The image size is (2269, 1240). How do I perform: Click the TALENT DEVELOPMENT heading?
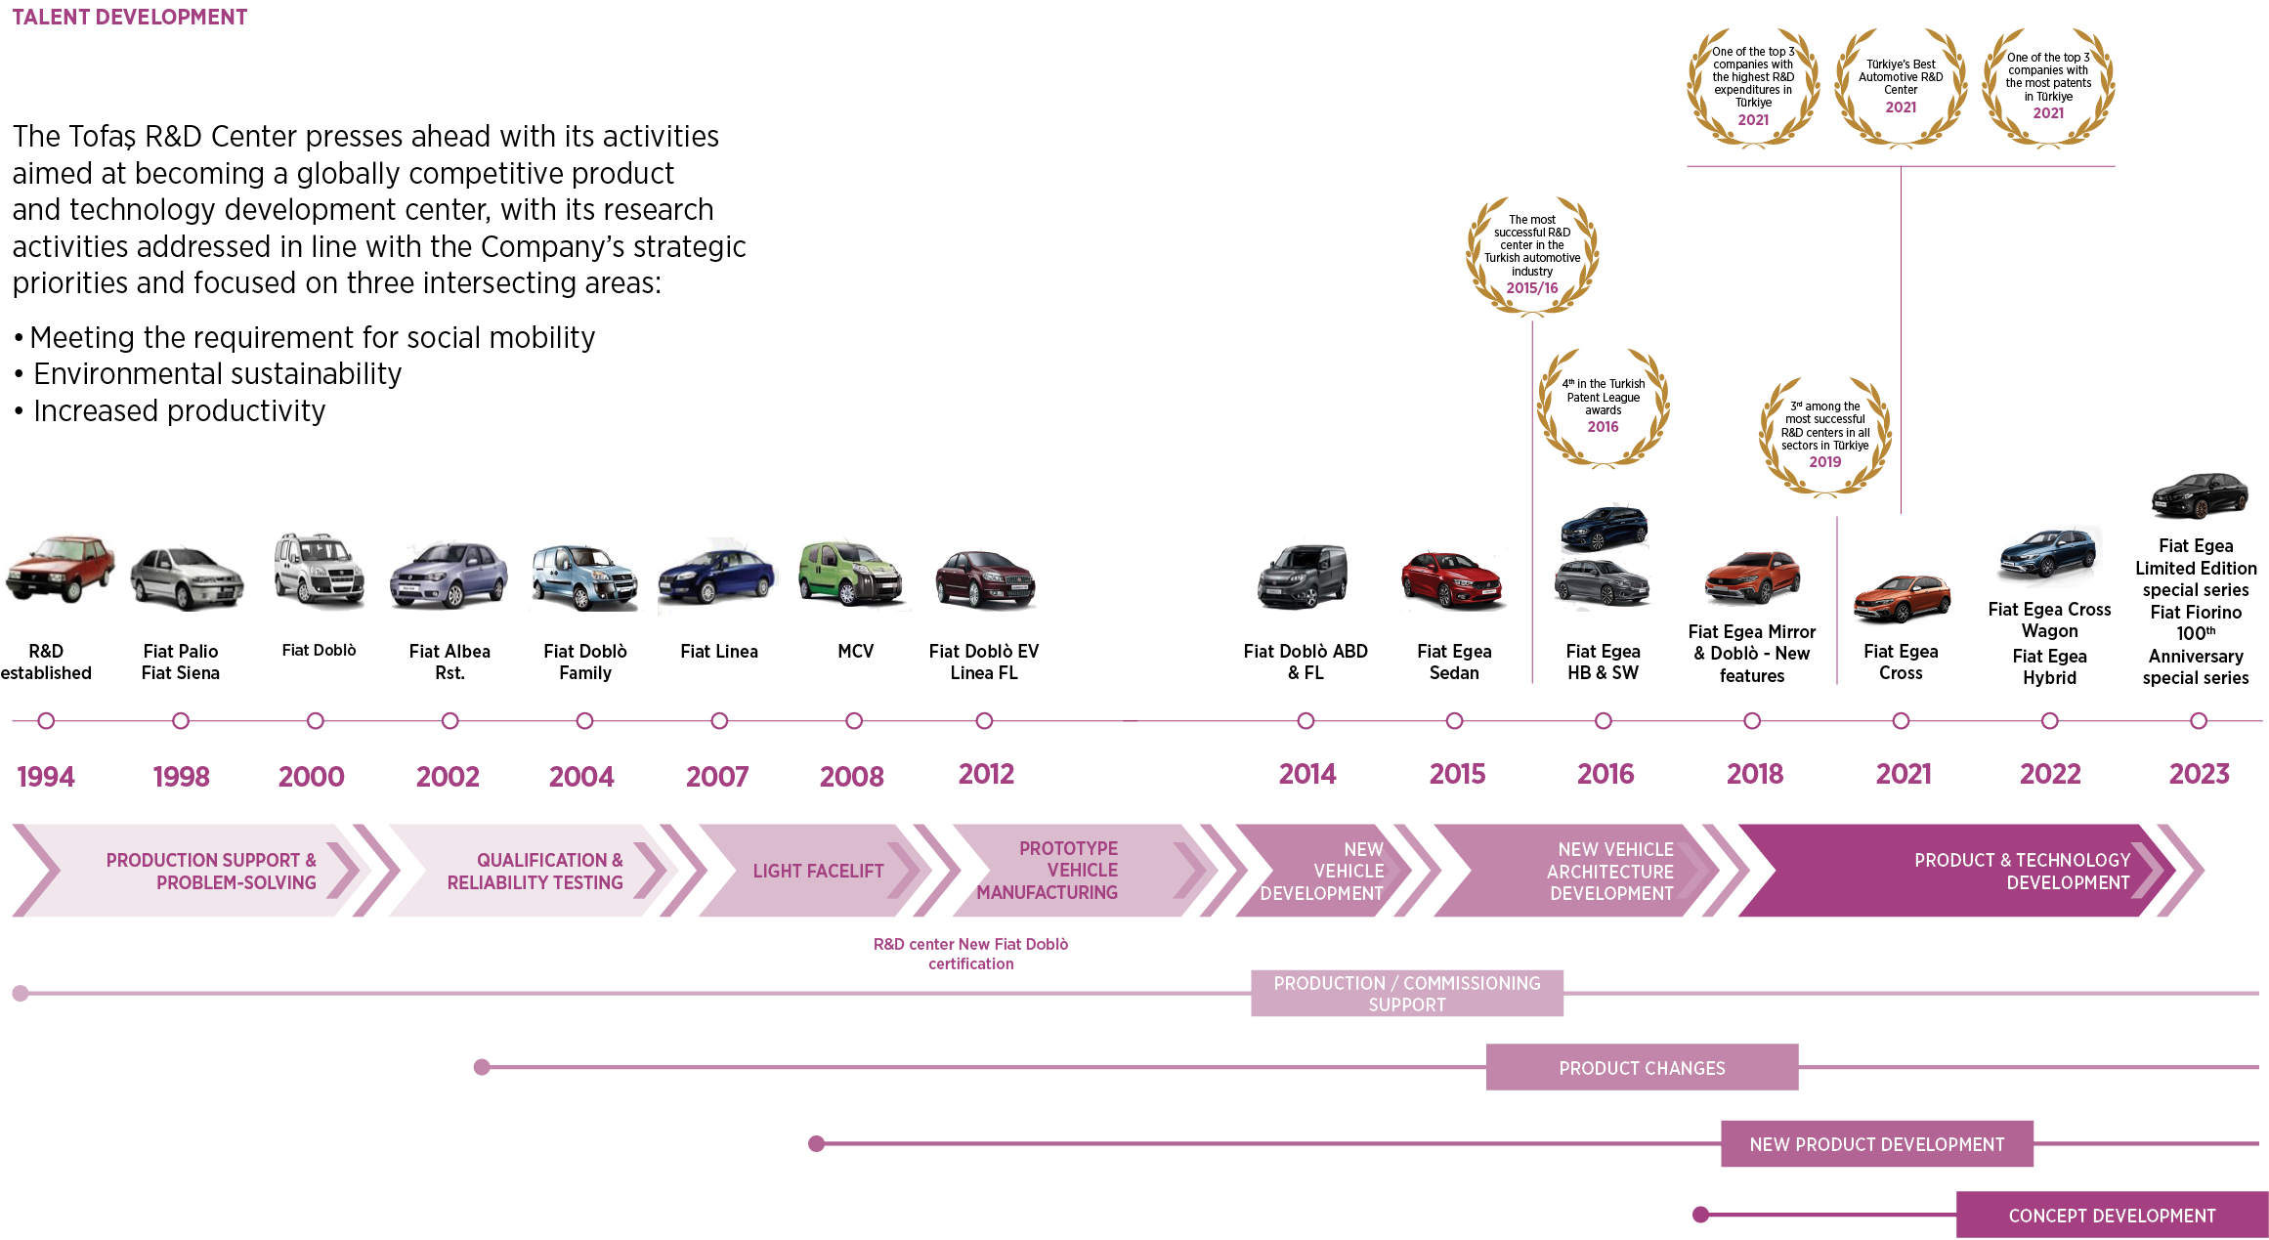tap(129, 18)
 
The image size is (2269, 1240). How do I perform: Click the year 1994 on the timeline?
tap(46, 776)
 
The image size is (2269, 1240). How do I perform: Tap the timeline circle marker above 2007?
tap(719, 721)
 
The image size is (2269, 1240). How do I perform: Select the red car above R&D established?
tap(60, 569)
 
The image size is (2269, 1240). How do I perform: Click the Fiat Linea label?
tap(719, 652)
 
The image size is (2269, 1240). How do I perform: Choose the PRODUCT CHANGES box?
tap(1642, 1068)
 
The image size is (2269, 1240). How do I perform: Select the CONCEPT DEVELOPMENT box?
tap(2112, 1216)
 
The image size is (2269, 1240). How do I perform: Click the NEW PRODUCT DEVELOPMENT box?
tap(1876, 1144)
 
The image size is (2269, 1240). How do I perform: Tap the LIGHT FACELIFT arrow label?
tap(818, 871)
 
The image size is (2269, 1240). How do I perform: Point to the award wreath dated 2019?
tap(1824, 435)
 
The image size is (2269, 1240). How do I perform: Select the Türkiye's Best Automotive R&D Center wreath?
tap(1901, 87)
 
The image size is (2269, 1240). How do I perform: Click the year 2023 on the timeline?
tap(2199, 774)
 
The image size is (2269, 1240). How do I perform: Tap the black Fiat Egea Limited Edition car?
tap(2199, 496)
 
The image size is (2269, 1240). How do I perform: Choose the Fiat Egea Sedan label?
tap(1454, 662)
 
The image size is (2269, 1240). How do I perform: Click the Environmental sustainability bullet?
tap(217, 374)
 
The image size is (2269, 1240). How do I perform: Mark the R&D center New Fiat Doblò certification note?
tap(970, 954)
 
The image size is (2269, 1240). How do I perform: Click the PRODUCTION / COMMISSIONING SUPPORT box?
tap(1406, 994)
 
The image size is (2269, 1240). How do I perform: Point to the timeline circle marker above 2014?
tap(1306, 721)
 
